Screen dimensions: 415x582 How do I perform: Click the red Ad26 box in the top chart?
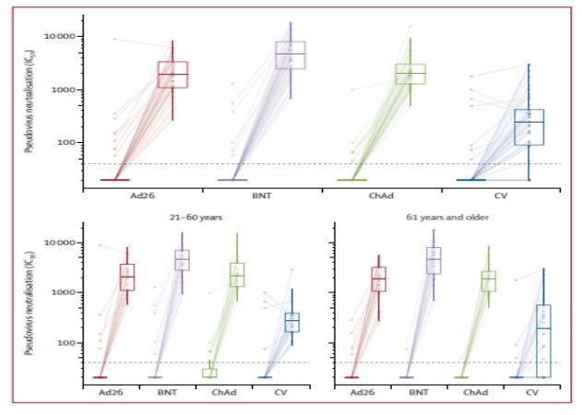(172, 75)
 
